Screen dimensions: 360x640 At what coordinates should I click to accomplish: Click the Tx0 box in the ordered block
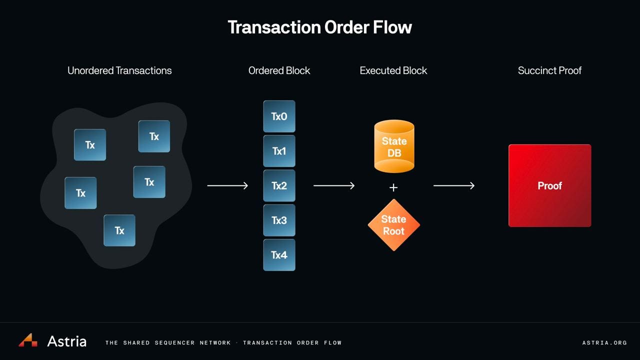pos(279,116)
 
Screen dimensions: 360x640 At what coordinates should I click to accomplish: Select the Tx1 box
pos(279,151)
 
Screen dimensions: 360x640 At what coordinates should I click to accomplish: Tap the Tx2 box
pos(279,185)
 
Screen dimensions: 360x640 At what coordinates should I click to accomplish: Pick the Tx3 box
pos(279,220)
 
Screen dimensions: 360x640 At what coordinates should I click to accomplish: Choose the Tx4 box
pos(279,255)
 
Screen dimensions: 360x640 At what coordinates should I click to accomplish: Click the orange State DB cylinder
pos(394,146)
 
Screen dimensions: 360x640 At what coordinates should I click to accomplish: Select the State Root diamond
pos(393,225)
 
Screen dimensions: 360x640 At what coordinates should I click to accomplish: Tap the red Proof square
pos(549,185)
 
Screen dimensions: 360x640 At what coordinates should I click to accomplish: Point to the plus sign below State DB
pos(393,187)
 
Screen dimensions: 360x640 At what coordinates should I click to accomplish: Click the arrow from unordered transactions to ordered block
pos(227,185)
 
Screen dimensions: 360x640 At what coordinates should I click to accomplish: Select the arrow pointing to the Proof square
pos(453,185)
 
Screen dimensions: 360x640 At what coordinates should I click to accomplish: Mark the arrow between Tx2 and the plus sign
pos(333,185)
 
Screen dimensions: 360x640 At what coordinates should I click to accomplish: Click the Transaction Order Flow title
pos(319,27)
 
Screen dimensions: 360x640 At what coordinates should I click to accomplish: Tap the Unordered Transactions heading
pos(119,70)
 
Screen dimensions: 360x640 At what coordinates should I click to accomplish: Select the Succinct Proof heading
pos(549,70)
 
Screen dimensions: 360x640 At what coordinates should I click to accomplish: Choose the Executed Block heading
pos(393,70)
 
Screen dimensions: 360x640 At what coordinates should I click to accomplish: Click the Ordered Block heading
pos(279,70)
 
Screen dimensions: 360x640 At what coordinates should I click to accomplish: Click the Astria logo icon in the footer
pos(28,340)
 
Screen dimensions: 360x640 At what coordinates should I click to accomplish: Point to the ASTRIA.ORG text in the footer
pos(604,342)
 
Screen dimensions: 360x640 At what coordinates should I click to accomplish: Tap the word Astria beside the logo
pos(66,341)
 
